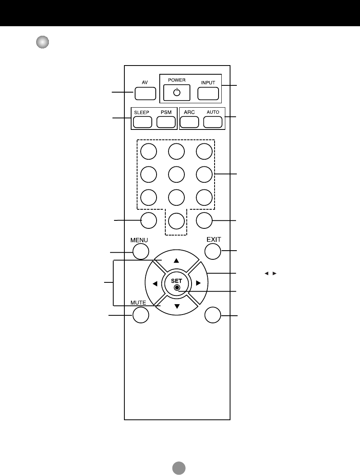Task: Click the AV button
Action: tap(145, 93)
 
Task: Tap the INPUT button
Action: tap(208, 93)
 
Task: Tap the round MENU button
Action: tap(141, 251)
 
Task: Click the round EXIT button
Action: tap(213, 251)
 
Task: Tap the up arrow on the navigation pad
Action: tap(177, 261)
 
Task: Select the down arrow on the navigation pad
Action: tap(177, 306)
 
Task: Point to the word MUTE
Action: tap(138, 303)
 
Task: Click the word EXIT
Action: tap(213, 239)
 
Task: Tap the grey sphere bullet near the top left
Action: tap(43, 42)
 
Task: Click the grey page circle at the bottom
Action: tap(179, 468)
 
